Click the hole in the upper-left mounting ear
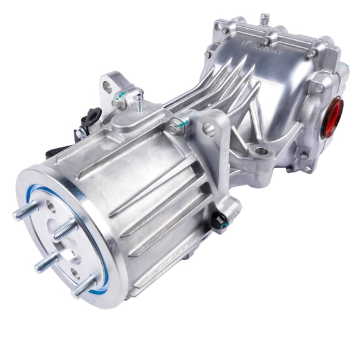107,82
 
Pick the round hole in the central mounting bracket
209,129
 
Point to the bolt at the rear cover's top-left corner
224,29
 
